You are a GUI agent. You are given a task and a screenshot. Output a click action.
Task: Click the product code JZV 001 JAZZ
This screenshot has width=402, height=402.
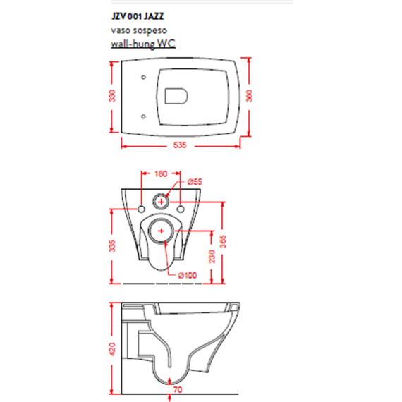[x=138, y=16]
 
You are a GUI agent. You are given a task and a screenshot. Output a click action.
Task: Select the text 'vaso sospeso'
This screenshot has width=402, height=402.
[x=139, y=30]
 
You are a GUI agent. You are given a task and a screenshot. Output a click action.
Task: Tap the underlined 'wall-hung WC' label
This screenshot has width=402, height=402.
[x=143, y=44]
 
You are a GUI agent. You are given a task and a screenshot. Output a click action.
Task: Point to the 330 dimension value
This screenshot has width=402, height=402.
[x=112, y=96]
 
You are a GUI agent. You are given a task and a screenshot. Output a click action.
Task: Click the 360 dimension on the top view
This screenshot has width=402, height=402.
[x=249, y=96]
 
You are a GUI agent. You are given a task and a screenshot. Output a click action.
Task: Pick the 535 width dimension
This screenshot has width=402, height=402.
[x=180, y=145]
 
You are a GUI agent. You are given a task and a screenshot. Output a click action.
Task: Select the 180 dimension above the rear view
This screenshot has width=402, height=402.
[x=161, y=173]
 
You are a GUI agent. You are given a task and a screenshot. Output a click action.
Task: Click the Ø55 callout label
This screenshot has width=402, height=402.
[x=195, y=182]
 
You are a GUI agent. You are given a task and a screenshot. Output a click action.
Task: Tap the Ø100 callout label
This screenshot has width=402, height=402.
[x=188, y=275]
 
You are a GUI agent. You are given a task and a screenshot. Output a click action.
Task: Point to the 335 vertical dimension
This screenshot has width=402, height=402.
[x=112, y=246]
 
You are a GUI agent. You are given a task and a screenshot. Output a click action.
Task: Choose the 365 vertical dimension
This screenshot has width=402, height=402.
[x=223, y=241]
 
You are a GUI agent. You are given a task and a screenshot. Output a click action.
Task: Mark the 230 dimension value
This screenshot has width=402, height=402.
[x=212, y=257]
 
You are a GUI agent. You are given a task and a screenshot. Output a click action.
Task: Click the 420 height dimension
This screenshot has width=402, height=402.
[x=112, y=349]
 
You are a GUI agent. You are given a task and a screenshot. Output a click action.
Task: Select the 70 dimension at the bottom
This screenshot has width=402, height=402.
[x=178, y=390]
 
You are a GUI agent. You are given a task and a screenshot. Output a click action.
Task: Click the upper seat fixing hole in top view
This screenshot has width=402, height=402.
[x=144, y=77]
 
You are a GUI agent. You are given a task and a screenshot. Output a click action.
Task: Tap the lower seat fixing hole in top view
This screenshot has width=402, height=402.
[x=144, y=116]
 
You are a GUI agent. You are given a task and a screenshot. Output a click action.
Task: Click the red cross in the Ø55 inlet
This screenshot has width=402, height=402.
[x=161, y=202]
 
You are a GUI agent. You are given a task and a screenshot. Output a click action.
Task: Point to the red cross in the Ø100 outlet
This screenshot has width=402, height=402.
[x=161, y=231]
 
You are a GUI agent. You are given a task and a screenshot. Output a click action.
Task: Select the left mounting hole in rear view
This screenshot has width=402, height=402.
[x=141, y=209]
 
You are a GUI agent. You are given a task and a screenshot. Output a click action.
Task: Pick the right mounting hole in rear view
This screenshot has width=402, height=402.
[x=181, y=209]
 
